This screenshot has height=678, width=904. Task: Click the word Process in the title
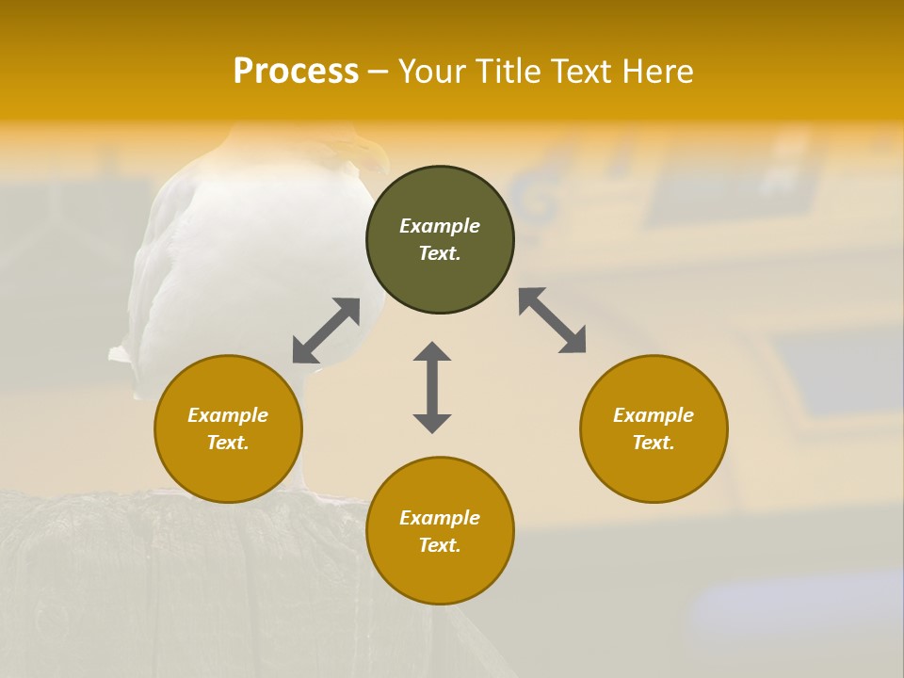click(x=296, y=72)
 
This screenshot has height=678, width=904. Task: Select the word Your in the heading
click(x=429, y=72)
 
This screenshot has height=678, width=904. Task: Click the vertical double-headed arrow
click(x=432, y=387)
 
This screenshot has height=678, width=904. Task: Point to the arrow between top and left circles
click(x=326, y=331)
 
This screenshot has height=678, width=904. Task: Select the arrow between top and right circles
click(x=553, y=320)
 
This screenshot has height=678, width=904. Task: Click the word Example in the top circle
click(x=440, y=226)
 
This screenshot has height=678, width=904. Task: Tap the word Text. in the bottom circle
click(x=440, y=545)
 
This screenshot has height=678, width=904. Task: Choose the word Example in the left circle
click(x=228, y=415)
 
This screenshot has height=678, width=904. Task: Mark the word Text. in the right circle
click(x=654, y=443)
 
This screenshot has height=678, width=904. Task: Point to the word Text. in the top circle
click(x=440, y=253)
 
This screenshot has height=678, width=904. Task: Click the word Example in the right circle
click(x=654, y=415)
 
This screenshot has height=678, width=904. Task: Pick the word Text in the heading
click(x=578, y=72)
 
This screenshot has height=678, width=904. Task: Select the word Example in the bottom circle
click(x=440, y=518)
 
